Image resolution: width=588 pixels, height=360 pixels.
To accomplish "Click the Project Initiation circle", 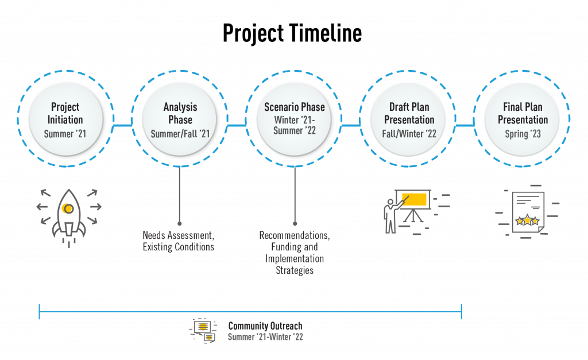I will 66,119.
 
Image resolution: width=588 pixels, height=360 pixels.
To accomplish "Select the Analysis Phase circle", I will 180,119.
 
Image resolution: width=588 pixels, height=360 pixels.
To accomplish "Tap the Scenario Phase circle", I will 294,119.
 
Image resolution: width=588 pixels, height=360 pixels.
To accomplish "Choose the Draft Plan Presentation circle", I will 409,119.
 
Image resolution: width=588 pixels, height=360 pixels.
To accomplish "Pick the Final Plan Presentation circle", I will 522,119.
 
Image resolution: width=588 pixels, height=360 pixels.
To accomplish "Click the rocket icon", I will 68,215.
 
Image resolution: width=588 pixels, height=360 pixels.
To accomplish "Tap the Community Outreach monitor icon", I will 203,330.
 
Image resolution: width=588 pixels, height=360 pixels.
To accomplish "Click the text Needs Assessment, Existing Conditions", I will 178,241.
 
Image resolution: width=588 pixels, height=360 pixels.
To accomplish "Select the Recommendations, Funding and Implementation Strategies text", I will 294,253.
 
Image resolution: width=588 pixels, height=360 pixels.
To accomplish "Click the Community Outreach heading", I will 265,326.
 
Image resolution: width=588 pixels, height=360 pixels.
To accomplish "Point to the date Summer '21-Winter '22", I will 265,337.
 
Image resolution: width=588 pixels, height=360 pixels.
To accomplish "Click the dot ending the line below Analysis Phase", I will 180,223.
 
